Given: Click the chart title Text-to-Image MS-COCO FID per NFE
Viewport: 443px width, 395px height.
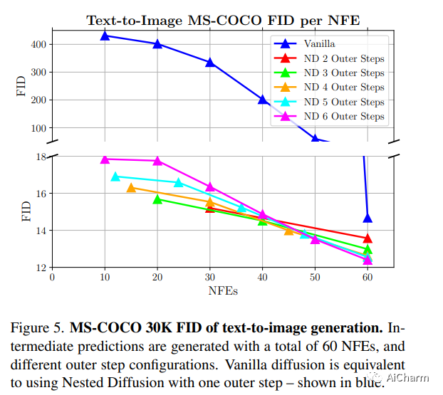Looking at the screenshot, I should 223,20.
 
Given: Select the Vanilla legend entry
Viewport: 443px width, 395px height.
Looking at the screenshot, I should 319,43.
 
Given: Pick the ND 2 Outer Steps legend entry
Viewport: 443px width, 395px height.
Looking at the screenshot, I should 344,58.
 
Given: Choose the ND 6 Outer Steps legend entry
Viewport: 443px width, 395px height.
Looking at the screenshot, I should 344,117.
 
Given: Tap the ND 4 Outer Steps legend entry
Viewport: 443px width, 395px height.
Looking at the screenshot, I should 344,87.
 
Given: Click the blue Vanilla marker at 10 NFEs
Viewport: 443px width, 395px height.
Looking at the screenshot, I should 105,35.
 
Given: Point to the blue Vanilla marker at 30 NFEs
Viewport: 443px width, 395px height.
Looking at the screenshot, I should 210,62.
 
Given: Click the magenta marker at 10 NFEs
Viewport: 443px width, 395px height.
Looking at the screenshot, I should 105,159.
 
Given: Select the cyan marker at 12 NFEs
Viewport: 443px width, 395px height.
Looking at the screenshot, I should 115,176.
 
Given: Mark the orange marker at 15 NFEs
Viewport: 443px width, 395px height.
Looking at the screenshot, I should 131,187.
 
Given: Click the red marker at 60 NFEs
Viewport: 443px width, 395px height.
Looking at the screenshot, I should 368,238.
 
